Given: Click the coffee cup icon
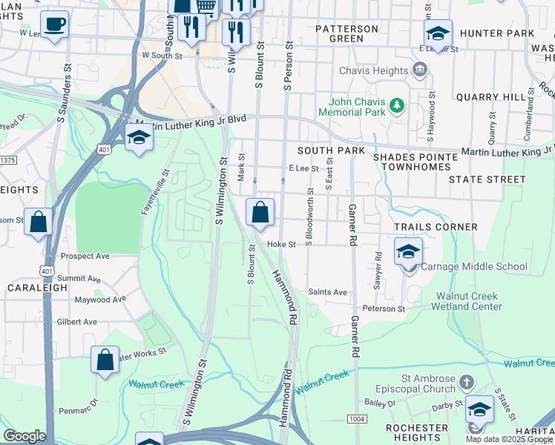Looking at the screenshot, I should click(54, 24).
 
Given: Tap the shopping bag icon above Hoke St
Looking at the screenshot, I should click(260, 213).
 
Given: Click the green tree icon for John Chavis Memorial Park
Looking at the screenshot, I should click(398, 106).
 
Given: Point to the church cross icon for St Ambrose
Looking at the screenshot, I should click(466, 383).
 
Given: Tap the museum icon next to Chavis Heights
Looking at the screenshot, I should click(421, 71).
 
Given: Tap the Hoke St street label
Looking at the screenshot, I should click(281, 244).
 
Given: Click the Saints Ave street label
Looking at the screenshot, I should click(328, 292).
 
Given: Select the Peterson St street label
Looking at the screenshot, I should click(384, 309).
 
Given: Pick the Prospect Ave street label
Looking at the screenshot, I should click(85, 257).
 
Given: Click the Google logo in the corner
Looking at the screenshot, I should click(24, 436).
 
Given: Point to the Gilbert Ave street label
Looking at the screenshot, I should click(77, 322).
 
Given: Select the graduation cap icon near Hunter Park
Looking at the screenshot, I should click(438, 33).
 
